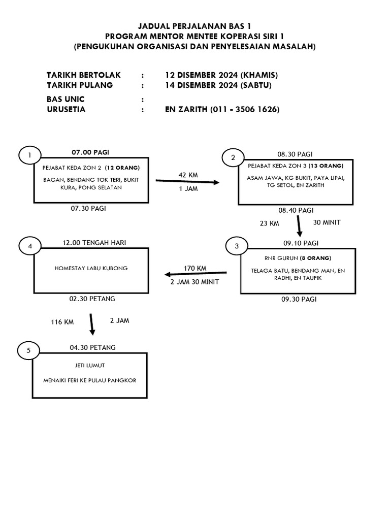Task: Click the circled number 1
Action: pos(30,155)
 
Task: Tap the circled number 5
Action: pos(28,350)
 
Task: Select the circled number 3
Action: pos(237,246)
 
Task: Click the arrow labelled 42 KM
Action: pos(187,182)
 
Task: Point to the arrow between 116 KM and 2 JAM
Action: pos(91,324)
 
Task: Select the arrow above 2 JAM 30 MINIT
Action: pos(194,274)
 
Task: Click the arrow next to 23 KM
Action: pos(299,226)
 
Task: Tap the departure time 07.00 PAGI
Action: pos(90,152)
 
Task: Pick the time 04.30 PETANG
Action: pos(92,347)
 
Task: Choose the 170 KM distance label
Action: pos(195,268)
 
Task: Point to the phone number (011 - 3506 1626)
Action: pos(244,109)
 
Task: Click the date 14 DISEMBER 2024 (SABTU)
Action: pos(218,85)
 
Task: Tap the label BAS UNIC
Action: pos(66,99)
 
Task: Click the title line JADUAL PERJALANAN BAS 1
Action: pos(195,25)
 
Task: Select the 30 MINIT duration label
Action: pos(328,222)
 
